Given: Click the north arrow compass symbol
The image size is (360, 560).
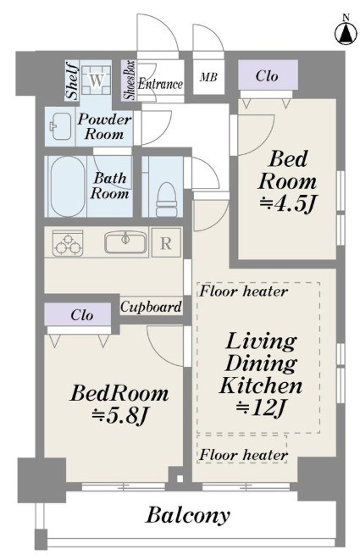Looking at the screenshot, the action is pos(346,31).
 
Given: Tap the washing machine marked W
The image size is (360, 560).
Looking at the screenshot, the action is pos(96,80).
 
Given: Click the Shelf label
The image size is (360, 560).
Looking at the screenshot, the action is pos(73,80).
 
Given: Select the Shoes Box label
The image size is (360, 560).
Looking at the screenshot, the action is pos(129,80).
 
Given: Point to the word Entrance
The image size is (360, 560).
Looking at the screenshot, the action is pos(160,84).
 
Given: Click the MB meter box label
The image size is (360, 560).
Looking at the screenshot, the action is pos(208,76).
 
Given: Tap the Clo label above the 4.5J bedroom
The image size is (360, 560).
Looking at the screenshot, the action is pos(267,75).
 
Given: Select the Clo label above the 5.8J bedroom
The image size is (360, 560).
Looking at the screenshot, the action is pos(82,315).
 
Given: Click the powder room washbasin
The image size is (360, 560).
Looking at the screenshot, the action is pos(61,127).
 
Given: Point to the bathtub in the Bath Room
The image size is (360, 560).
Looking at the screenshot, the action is pos(68,186).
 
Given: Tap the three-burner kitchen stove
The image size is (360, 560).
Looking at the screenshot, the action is pos(68,243).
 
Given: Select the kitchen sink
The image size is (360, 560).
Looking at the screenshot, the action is pos(125,242).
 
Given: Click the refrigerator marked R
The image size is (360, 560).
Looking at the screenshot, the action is pos(166,242).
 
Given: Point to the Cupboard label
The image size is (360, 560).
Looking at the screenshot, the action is pos(151,307).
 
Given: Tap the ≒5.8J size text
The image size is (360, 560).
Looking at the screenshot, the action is pos(119,415).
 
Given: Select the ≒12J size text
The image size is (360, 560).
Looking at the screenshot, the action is pos(261,408).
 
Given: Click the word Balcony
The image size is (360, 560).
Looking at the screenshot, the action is pos(188,515).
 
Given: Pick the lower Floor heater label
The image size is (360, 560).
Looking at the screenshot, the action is pos(243,455).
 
